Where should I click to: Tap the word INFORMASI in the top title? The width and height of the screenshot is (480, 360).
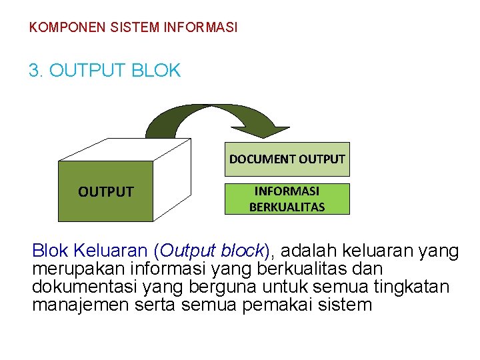tap(200, 28)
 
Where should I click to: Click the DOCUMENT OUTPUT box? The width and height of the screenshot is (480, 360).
tap(287, 159)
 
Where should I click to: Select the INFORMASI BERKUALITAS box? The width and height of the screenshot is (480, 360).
tap(287, 199)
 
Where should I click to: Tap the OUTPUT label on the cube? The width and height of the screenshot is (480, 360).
tap(105, 192)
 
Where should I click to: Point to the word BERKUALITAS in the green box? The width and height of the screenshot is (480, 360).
tap(287, 207)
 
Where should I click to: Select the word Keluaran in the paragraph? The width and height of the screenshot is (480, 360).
tap(111, 251)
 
